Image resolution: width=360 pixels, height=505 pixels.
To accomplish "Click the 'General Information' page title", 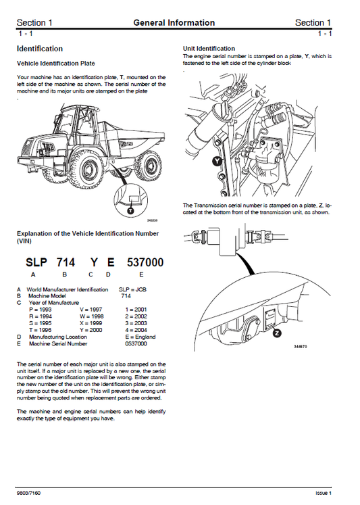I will point(174,23).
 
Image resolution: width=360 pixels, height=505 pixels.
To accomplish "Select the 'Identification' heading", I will point(40,49).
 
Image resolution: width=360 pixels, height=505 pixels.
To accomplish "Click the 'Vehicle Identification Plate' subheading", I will point(55,63).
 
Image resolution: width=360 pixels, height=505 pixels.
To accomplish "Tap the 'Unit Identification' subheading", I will point(209,49).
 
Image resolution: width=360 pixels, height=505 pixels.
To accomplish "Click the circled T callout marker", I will point(130,212).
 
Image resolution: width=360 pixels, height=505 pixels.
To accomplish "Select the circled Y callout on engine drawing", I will point(215,162).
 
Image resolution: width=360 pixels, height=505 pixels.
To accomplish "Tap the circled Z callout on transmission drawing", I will point(277,333).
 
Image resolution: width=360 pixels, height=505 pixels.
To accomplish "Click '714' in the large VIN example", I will point(66,262).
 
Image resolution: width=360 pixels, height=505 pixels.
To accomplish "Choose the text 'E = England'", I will point(140,337).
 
